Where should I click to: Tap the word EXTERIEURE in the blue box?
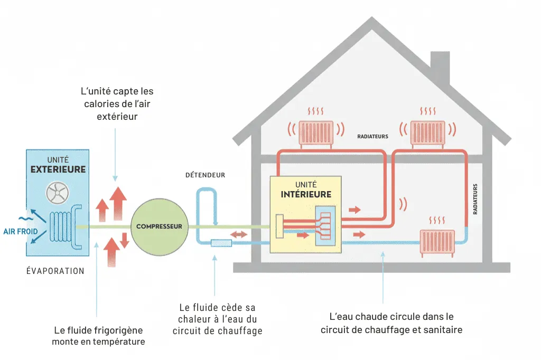(x=58, y=169)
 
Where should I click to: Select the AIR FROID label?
(x=20, y=231)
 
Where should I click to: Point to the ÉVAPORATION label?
(x=55, y=271)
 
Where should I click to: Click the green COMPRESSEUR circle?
(x=159, y=226)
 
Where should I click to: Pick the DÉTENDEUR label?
(x=205, y=175)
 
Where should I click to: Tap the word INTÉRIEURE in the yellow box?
(x=306, y=194)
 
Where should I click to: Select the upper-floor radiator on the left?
(x=316, y=133)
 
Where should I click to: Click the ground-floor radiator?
(x=437, y=243)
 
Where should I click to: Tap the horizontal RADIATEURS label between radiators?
(x=372, y=136)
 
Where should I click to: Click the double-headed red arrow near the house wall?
(x=239, y=234)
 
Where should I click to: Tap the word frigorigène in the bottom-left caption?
(x=120, y=330)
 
